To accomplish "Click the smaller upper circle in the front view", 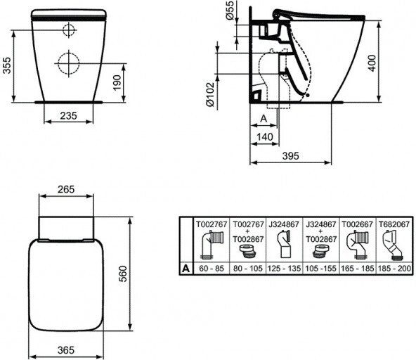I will coord(69,29).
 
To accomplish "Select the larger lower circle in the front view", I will coord(69,63).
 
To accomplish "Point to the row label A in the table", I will coord(184,268).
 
